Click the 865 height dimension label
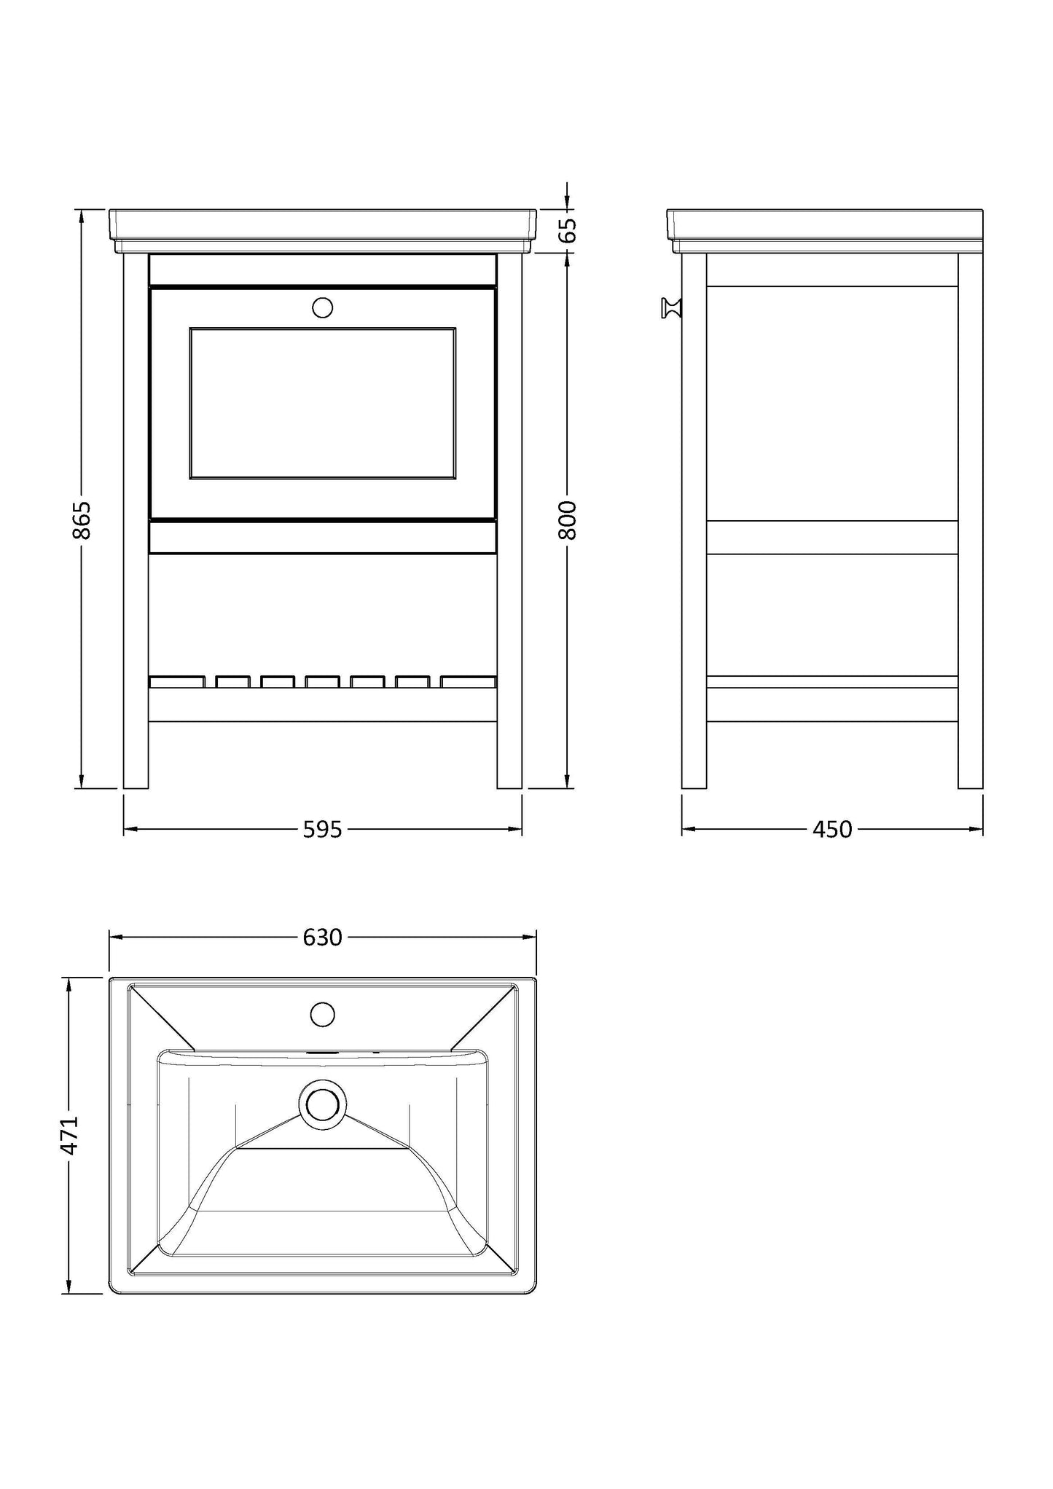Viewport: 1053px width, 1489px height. click(82, 519)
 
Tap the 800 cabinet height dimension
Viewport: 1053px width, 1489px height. click(568, 519)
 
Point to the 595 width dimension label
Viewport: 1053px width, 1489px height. click(322, 829)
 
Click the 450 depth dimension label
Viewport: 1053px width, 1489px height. click(832, 829)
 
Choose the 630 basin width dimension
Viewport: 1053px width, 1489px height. click(322, 937)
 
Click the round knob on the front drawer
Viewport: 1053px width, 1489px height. click(322, 307)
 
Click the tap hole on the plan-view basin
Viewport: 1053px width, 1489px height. click(322, 1013)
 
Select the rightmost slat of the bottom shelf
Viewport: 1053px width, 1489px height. click(468, 682)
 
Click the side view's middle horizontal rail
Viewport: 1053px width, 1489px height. click(832, 538)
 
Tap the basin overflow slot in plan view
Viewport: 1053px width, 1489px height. click(322, 1053)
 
